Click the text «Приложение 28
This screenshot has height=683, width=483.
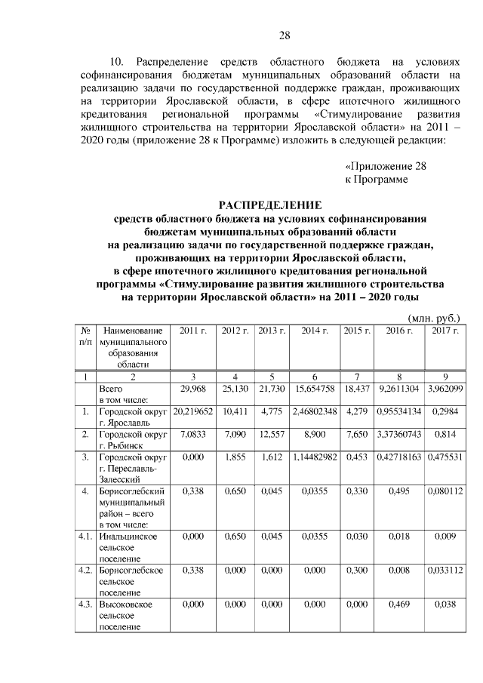(x=385, y=165)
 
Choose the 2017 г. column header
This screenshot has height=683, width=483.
(x=445, y=331)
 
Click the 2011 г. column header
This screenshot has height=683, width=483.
(x=193, y=331)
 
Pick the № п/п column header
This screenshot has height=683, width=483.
(x=86, y=337)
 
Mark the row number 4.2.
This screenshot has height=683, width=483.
(x=86, y=571)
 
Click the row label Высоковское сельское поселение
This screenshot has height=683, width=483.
(x=128, y=616)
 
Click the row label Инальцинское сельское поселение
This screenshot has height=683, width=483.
(x=128, y=547)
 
